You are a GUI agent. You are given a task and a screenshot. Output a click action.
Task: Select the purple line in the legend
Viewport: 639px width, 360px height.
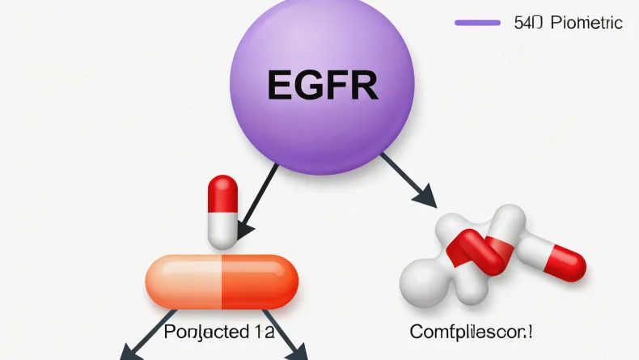tap(477, 23)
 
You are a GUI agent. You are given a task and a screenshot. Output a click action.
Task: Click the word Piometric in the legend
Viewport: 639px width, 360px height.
tap(586, 23)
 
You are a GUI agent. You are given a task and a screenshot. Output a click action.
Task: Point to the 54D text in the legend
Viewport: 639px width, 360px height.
tap(528, 23)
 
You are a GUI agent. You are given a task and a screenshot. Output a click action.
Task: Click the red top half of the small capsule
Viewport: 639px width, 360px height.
tap(222, 194)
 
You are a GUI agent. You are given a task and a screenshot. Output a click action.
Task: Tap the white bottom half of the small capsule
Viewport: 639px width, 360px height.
tap(222, 230)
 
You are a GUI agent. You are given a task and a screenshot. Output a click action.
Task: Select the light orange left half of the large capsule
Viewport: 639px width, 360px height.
tap(183, 281)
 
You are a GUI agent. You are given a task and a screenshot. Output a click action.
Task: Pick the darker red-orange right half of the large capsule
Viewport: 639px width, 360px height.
tap(259, 281)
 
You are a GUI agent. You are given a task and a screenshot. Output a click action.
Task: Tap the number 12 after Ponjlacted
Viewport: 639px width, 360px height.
tap(261, 332)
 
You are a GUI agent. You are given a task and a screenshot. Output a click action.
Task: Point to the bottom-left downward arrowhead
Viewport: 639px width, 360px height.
tap(129, 352)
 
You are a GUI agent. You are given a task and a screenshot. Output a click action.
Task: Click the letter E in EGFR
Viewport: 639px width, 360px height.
tap(278, 83)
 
